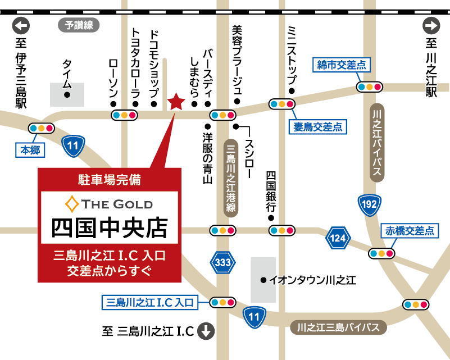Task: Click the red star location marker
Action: point(176,101)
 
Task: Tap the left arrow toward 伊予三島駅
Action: point(21,25)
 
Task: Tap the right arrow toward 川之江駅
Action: point(431,25)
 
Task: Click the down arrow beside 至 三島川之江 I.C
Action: point(207,331)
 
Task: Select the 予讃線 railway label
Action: point(79,25)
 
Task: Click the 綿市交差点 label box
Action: point(342,66)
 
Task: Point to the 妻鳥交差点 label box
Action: point(318,127)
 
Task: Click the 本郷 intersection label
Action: point(31,150)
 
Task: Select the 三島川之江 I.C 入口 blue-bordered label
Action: point(149,302)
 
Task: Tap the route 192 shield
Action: point(369,204)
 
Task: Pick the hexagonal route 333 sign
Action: point(223,262)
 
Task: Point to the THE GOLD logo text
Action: point(110,203)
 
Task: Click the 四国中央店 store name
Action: point(110,228)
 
